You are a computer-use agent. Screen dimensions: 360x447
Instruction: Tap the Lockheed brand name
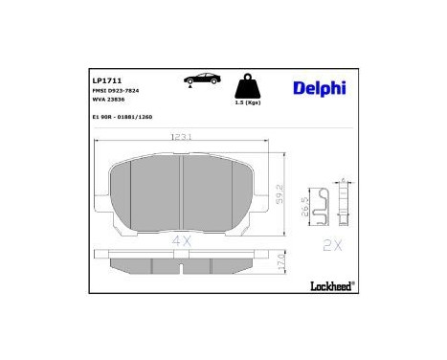[330, 285]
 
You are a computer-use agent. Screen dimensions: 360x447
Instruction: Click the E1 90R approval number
[123, 116]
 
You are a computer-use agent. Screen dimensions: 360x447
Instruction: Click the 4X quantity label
[182, 242]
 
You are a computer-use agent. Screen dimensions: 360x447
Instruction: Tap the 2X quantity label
[331, 244]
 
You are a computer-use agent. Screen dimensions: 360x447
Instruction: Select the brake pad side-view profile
[182, 263]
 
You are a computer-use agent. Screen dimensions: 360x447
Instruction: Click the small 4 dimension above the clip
[343, 179]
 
